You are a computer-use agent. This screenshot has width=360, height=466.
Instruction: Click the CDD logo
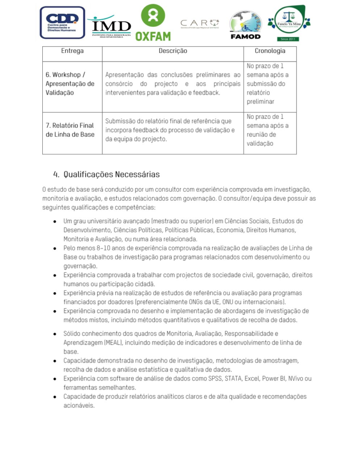[62, 23]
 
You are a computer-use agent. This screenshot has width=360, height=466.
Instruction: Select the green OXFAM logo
[153, 23]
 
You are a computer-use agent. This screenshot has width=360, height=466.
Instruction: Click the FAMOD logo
[245, 25]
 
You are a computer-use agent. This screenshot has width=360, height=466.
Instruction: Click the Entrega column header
[72, 51]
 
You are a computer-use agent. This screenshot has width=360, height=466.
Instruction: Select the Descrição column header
[172, 51]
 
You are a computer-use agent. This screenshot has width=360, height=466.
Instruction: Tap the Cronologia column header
[269, 51]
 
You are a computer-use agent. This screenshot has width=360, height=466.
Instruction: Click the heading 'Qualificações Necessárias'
[112, 175]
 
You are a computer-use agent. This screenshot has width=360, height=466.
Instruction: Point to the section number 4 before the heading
[56, 175]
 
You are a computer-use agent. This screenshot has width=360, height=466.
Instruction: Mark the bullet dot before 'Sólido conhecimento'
[55, 334]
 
